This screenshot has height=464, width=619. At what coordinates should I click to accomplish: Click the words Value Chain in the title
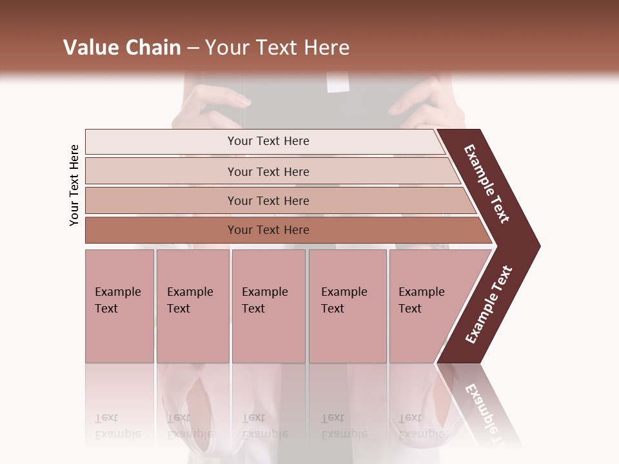point(122,48)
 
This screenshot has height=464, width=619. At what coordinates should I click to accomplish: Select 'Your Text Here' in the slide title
point(277,48)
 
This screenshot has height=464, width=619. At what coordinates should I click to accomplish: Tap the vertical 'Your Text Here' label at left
point(74,185)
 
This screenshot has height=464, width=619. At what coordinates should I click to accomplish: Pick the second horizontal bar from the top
point(268,171)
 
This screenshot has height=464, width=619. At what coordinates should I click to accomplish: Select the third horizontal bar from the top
point(268,200)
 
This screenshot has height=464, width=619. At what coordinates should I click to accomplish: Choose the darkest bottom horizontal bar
point(268,230)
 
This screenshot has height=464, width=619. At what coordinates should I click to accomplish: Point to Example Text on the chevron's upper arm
point(487,184)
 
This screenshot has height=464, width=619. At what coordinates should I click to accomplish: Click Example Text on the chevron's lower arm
point(489,305)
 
